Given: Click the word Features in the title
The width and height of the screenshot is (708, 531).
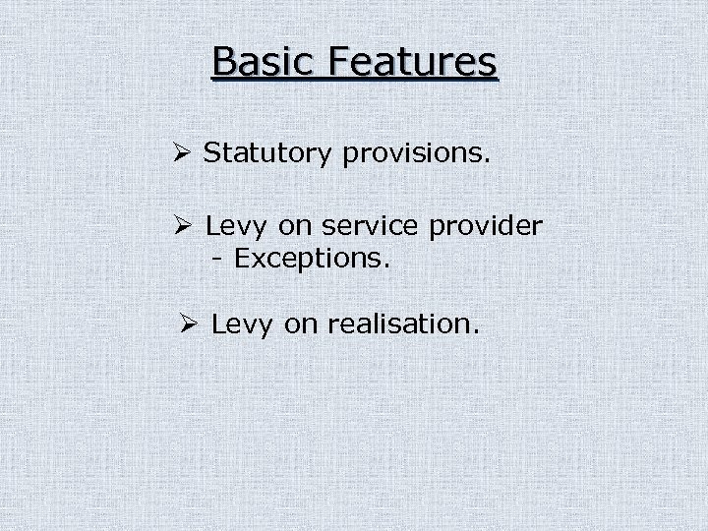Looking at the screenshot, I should tap(413, 61).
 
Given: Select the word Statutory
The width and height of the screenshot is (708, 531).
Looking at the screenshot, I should tap(268, 152).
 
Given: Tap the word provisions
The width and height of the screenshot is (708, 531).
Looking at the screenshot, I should tap(417, 153).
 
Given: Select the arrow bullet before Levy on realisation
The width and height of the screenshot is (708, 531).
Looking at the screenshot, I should tap(191, 323).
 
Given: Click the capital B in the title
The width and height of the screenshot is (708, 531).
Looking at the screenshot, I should tap(223, 61).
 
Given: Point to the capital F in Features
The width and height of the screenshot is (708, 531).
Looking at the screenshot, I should tap(341, 61).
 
